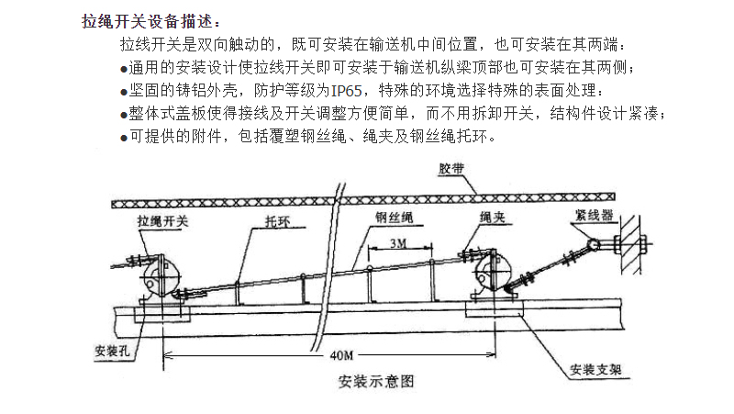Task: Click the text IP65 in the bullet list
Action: tap(346, 90)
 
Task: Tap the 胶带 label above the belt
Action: tap(451, 168)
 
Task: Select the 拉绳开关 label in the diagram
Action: tap(163, 220)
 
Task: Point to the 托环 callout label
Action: tap(278, 221)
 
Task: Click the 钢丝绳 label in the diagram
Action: tap(395, 217)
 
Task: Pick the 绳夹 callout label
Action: tap(493, 217)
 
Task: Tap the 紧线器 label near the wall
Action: tap(594, 216)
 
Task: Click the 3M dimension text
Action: tap(398, 243)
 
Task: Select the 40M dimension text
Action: tap(341, 355)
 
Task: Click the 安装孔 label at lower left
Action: tap(112, 351)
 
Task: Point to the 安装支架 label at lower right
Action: tap(595, 370)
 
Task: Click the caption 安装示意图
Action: tap(376, 381)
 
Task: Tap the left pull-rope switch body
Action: tap(160, 277)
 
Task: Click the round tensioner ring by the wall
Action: tap(594, 244)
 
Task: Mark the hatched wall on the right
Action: tap(630, 243)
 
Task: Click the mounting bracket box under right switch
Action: tap(495, 309)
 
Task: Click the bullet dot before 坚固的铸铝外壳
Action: tap(124, 92)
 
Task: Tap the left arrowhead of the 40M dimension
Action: tap(167, 355)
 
